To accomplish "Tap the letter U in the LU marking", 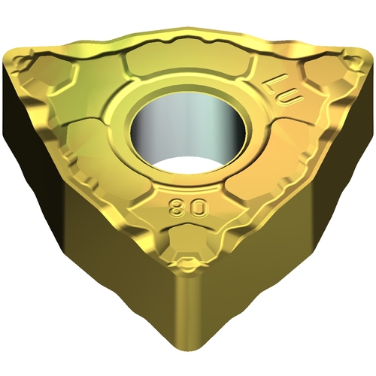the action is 290,99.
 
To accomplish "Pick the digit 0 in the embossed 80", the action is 201,207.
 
